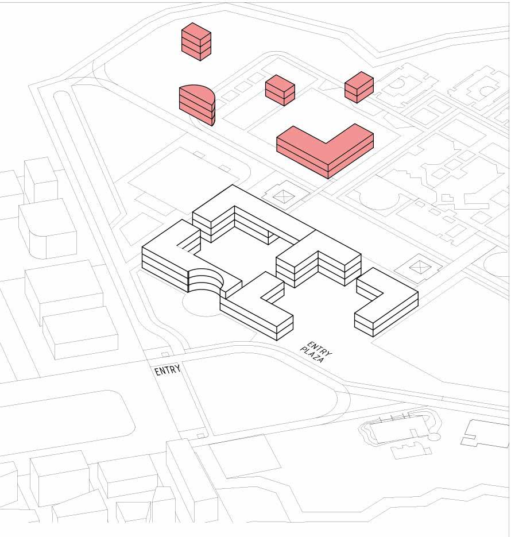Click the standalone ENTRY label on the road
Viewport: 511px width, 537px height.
coord(168,370)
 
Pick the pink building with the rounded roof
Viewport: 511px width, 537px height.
coord(197,103)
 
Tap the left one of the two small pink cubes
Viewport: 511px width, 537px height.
coord(280,90)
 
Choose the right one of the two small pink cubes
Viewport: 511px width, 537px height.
coord(359,87)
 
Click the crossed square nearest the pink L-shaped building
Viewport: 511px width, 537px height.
coord(283,196)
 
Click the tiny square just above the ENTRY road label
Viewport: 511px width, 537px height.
coord(165,354)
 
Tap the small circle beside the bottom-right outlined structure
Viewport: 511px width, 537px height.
coord(435,437)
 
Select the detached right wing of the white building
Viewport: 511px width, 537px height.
coord(386,304)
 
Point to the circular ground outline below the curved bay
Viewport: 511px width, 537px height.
coord(201,304)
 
